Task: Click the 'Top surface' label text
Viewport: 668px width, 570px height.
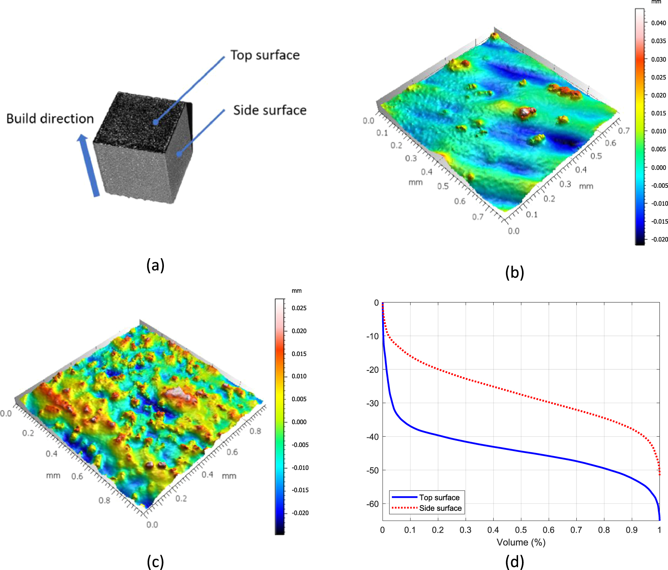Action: coord(265,55)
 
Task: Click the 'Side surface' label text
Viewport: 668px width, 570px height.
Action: coord(270,110)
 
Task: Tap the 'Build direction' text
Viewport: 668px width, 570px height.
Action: coord(50,119)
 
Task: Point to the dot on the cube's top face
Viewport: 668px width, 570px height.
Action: coord(155,122)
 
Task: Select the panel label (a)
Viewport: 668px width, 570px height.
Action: coord(155,265)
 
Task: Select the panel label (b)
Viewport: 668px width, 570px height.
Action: coord(515,273)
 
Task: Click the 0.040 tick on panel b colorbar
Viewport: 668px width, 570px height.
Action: coord(658,23)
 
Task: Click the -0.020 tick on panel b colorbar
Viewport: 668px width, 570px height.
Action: coord(659,239)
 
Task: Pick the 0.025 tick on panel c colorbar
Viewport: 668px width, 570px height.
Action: coord(299,308)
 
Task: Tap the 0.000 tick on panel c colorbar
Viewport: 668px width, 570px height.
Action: coord(299,422)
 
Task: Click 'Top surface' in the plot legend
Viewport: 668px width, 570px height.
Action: coord(439,497)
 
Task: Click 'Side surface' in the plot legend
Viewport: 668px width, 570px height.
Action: coord(440,508)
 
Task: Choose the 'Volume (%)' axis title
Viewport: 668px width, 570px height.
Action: coord(521,542)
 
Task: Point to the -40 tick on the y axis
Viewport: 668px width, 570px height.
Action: coord(372,437)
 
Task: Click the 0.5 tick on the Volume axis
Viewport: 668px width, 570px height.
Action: coord(521,530)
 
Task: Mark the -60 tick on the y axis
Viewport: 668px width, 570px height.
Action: coord(372,504)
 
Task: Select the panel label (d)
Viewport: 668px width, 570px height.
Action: coord(515,562)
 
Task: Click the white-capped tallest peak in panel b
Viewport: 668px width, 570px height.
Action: coord(525,112)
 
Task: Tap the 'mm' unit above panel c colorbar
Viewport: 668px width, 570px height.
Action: coord(296,291)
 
